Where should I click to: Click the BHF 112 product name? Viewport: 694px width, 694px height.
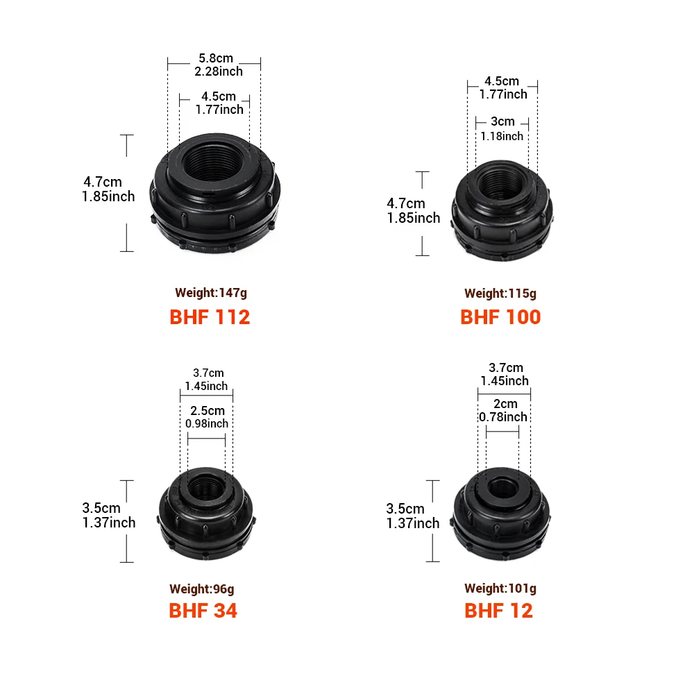(x=210, y=317)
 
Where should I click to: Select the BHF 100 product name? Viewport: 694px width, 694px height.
(x=500, y=317)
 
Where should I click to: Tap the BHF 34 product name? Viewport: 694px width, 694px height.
(x=203, y=611)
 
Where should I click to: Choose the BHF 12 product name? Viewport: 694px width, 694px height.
(x=498, y=611)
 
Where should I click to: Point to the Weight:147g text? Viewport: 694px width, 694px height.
(x=210, y=293)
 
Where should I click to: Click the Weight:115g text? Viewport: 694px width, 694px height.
(x=500, y=294)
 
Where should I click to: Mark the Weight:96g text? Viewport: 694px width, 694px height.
(x=201, y=589)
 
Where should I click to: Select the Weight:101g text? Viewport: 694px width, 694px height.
(x=500, y=589)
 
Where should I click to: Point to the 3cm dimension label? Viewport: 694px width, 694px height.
(x=502, y=121)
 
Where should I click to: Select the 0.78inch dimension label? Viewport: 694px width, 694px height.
(x=503, y=417)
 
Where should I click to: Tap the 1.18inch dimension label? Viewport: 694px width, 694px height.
(x=502, y=136)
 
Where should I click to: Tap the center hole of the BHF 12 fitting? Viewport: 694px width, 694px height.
(x=502, y=486)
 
